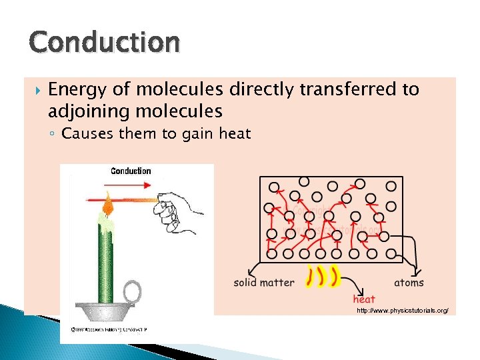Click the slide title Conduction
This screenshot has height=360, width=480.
point(104,43)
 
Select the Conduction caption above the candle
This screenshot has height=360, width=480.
point(131,171)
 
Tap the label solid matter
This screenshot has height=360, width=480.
point(264,283)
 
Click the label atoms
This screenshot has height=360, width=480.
point(409,283)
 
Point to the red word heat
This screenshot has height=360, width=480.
point(364,299)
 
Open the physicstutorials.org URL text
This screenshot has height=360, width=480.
point(402,311)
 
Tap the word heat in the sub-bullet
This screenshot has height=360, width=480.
point(235,134)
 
